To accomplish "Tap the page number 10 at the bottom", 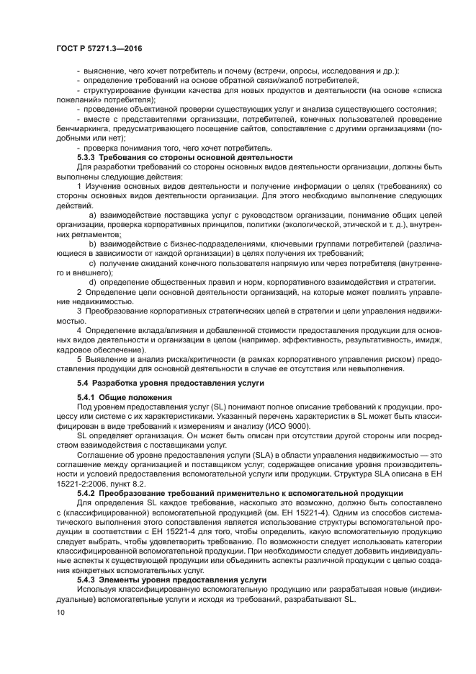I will pyautogui.click(x=60, y=612).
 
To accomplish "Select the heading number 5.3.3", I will pyautogui.click(x=86, y=157).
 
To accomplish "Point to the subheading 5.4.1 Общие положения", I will pyautogui.click(x=124, y=398).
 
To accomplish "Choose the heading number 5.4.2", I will pyautogui.click(x=86, y=493).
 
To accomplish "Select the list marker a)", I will pyautogui.click(x=92, y=215).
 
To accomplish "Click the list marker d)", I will pyautogui.click(x=92, y=281).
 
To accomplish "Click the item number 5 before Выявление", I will pyautogui.click(x=79, y=358).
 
